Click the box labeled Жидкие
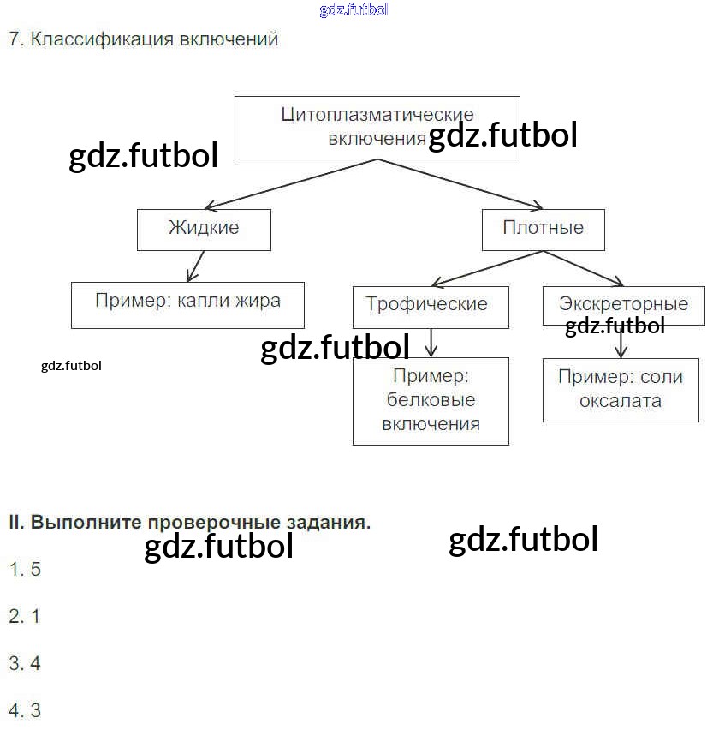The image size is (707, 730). pos(204,230)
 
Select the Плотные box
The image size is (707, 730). pos(544,230)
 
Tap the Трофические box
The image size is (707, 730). pos(431,308)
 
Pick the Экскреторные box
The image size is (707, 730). pos(624,306)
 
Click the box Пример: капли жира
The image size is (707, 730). pos(188,305)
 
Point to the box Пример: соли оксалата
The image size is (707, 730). pos(621,390)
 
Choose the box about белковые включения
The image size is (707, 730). pos(431,401)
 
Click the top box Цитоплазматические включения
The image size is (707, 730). pos(377,128)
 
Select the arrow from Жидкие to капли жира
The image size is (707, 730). pos(195,266)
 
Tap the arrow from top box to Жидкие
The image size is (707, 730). pos(291,184)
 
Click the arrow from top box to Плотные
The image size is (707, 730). pos(460,184)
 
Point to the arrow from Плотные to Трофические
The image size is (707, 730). pos(488,269)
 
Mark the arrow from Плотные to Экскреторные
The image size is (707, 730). pos(583,268)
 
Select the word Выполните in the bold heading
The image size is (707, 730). pos(86,523)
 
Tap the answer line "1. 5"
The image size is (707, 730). pos(25,569)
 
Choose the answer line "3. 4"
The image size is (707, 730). pos(25,663)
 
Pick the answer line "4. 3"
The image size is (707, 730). pos(25,710)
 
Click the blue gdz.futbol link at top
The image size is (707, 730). pos(353,9)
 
